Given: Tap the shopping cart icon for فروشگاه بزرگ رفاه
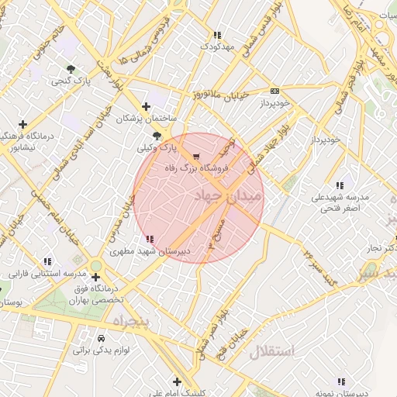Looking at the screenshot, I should point(195,157).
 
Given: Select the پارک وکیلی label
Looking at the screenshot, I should point(157,147).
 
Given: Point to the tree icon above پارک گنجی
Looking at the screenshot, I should point(71,69).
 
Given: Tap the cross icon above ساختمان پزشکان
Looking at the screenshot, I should point(147,107).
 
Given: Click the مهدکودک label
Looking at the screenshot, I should point(217,47).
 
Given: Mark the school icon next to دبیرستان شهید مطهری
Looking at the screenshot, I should point(149,240).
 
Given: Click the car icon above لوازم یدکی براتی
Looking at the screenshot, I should point(101,339).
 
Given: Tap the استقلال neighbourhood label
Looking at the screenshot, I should point(272,351).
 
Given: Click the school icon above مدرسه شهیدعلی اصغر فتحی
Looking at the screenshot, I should point(340,185).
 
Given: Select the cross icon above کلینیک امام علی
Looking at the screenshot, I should point(178,381).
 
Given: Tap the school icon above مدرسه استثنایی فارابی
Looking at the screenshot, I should point(47,262).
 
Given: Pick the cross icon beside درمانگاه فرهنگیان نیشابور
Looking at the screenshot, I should point(23,124).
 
